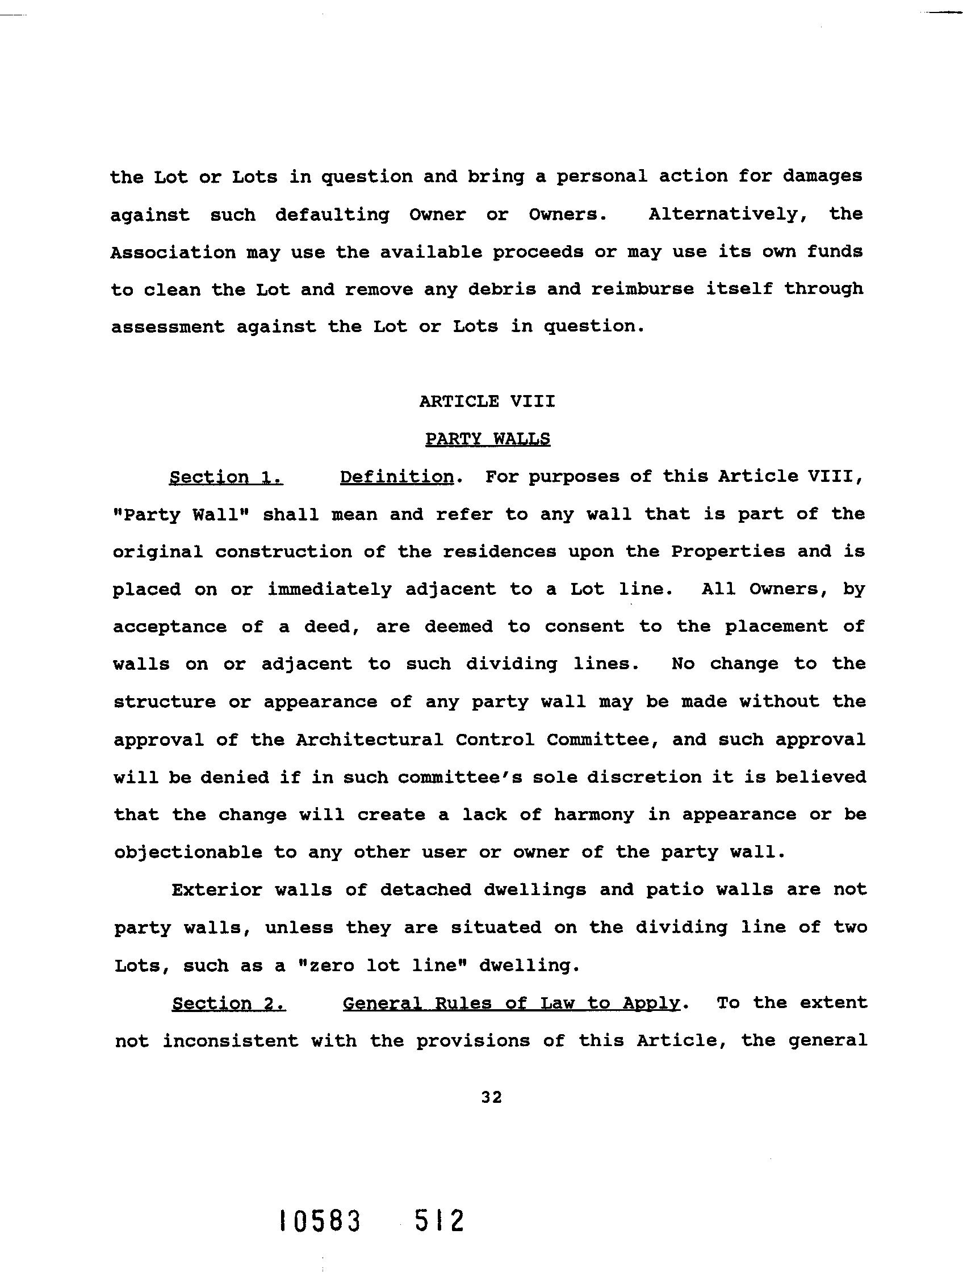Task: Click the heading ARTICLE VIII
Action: (x=487, y=401)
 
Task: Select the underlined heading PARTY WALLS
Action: (x=487, y=439)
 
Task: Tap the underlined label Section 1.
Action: (x=225, y=477)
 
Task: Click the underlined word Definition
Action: (x=396, y=477)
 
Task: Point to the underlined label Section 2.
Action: (x=229, y=1004)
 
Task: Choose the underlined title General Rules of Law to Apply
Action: (x=512, y=1004)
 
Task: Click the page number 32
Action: (x=492, y=1097)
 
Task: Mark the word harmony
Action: (x=594, y=815)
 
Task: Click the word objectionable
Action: (x=187, y=853)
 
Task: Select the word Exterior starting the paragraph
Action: (x=217, y=890)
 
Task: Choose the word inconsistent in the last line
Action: (x=230, y=1041)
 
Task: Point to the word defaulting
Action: (x=332, y=215)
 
